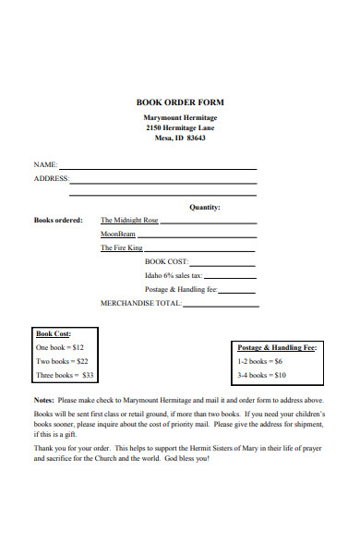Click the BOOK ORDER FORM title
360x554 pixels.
pyautogui.click(x=180, y=102)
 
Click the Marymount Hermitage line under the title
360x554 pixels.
pyautogui.click(x=180, y=118)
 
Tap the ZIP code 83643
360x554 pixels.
pyautogui.click(x=196, y=138)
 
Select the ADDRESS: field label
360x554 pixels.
pyautogui.click(x=51, y=178)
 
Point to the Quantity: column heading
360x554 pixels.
pyautogui.click(x=205, y=208)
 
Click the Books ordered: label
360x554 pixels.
pyautogui.click(x=58, y=221)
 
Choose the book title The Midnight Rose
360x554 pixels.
pyautogui.click(x=129, y=221)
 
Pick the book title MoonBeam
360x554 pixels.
pyautogui.click(x=118, y=235)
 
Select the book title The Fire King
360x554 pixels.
pyautogui.click(x=122, y=248)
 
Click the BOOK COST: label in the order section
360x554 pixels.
pyautogui.click(x=166, y=261)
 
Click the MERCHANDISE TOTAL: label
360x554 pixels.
pyautogui.click(x=140, y=303)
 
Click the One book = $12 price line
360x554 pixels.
pyautogui.click(x=60, y=347)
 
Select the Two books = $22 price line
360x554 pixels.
pyautogui.click(x=62, y=361)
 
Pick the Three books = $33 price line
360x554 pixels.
pyautogui.click(x=65, y=376)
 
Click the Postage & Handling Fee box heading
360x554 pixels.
pyautogui.click(x=277, y=347)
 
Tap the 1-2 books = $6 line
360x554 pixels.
pyautogui.click(x=262, y=361)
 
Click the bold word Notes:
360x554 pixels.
pyautogui.click(x=44, y=400)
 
